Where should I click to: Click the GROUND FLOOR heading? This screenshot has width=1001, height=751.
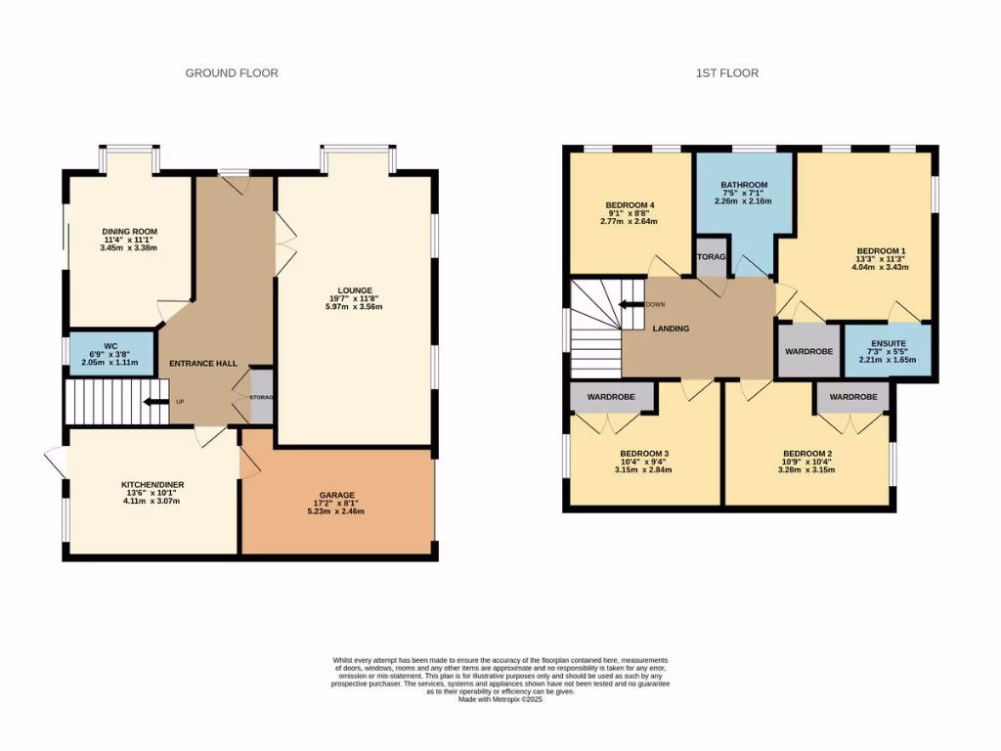coord(232,73)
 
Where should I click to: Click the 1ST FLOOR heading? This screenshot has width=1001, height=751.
coord(726,73)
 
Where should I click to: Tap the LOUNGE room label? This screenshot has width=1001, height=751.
coord(354,290)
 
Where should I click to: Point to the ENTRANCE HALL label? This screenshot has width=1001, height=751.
coord(203,364)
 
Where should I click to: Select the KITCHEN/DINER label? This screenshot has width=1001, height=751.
coord(152,485)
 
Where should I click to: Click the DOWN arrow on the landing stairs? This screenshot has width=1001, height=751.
coord(632,304)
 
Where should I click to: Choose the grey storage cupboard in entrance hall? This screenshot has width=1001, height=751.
coord(261,396)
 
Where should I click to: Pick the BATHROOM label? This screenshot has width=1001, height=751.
coord(744,185)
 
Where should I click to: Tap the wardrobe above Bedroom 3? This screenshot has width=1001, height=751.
coord(611,398)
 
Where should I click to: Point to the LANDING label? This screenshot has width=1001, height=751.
coord(671,329)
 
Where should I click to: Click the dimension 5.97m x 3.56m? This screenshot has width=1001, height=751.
coord(354,307)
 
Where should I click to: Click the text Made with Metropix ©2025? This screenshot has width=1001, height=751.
coord(500,698)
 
